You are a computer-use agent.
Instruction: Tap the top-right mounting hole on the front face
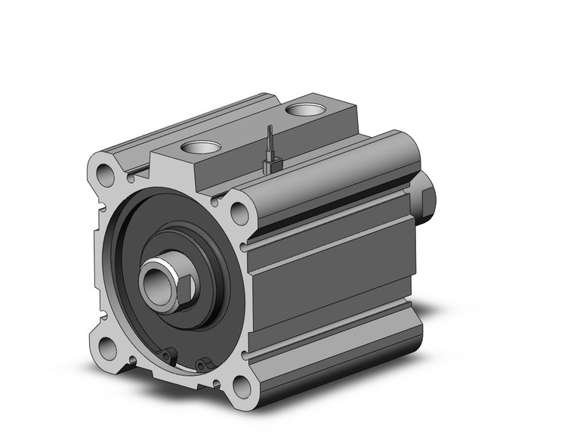240,213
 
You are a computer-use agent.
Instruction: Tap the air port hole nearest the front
200,146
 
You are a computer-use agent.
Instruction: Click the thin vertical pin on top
269,141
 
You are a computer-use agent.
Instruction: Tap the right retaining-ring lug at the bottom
202,366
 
